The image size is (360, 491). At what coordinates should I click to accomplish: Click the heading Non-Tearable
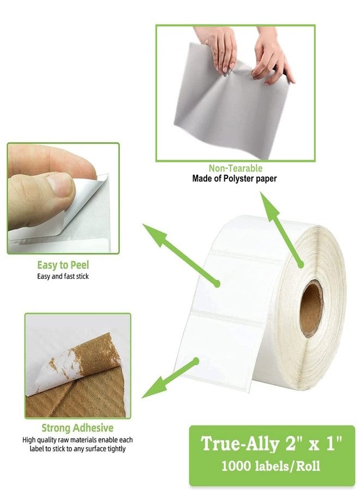(236, 168)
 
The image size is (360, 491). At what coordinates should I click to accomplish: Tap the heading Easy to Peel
(63, 265)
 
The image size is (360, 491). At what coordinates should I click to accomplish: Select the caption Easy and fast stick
(63, 276)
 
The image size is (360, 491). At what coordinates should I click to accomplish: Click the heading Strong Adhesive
(77, 428)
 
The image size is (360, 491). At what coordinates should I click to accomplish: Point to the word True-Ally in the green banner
(239, 444)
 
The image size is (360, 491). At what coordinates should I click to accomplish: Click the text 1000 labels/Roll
(271, 466)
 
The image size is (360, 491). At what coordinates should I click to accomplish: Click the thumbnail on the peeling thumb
(61, 184)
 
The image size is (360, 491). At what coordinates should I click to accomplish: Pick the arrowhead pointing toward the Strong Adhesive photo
(154, 388)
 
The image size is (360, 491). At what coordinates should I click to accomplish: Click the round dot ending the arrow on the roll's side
(301, 265)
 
